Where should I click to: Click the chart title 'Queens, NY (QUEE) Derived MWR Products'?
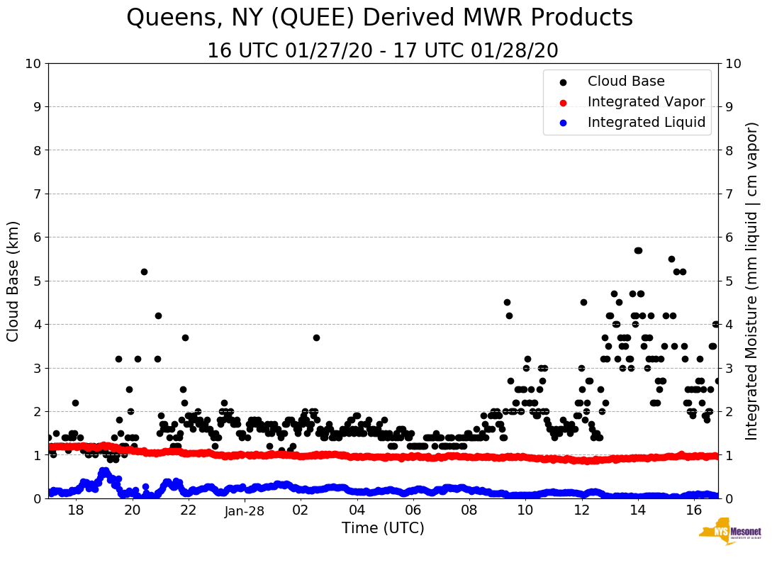(x=379, y=18)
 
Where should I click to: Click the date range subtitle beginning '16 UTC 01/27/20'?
(x=383, y=51)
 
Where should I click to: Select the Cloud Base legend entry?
(x=626, y=82)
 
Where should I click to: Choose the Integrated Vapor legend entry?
(x=646, y=102)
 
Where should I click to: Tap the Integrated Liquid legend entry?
(x=647, y=123)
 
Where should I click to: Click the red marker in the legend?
(x=564, y=102)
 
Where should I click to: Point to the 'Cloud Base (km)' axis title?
(x=13, y=281)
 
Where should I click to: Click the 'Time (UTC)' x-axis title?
(x=383, y=528)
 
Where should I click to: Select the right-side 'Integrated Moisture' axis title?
(x=752, y=281)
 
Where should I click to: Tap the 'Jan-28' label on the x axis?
(x=245, y=510)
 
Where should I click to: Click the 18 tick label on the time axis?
(x=76, y=510)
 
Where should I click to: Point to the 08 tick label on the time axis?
(x=469, y=510)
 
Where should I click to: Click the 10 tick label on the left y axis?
(x=33, y=64)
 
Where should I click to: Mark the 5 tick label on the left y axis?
(x=37, y=281)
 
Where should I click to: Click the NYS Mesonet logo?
(x=729, y=534)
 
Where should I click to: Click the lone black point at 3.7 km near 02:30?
(x=316, y=337)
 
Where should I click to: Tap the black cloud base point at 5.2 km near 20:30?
(x=144, y=272)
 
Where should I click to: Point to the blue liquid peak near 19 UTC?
(x=104, y=471)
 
